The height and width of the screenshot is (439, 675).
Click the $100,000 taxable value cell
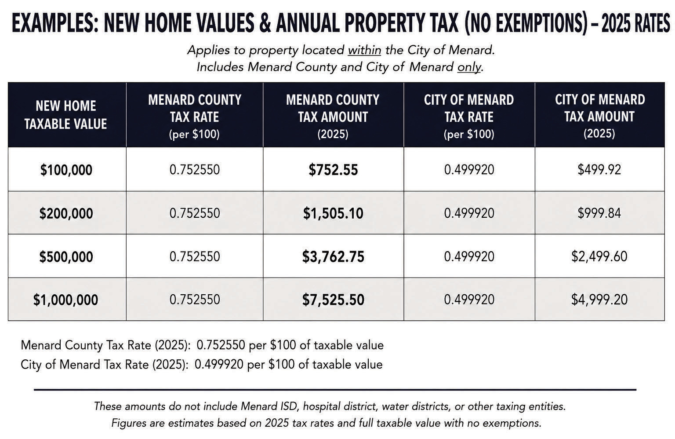66,170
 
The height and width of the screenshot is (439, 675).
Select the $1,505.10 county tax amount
333,213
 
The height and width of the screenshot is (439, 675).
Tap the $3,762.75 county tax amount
333,257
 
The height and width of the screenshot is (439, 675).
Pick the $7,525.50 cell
333,300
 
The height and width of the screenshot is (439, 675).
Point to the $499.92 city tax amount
599,169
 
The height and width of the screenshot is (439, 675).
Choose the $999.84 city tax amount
599,213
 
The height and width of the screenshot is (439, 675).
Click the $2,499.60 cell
599,256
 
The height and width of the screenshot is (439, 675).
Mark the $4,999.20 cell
599,300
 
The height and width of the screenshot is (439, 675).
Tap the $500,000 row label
66,257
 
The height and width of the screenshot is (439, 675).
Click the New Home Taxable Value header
65,115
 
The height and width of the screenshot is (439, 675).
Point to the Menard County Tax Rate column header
194,117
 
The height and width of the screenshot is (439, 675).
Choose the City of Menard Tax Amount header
600,116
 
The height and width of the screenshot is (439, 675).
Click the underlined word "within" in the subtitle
365,50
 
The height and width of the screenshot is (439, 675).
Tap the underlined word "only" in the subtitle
469,67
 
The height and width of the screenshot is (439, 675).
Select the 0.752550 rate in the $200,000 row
195,213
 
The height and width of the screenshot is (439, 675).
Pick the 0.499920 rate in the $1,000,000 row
469,300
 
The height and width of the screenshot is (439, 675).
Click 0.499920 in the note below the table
219,365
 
